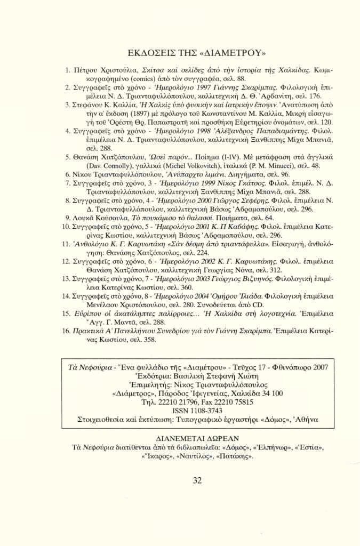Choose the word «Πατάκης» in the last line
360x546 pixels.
pos(235,456)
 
